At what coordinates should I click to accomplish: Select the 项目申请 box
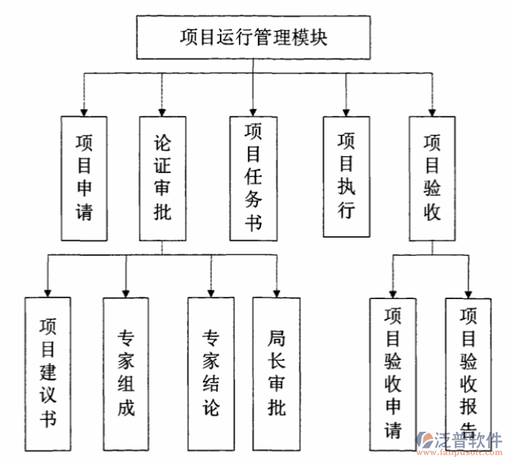click(x=84, y=178)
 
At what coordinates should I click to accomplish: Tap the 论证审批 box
click(x=162, y=178)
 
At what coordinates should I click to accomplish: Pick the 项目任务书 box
click(x=253, y=178)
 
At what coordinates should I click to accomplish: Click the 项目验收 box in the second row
click(x=432, y=178)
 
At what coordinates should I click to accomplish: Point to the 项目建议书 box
click(x=48, y=374)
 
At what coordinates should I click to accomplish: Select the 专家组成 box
click(x=126, y=374)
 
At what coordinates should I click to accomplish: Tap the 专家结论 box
click(x=211, y=374)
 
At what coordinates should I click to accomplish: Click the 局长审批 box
click(x=276, y=374)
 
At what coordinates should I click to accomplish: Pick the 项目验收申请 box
click(x=393, y=374)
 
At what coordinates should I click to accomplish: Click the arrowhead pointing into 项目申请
click(x=84, y=111)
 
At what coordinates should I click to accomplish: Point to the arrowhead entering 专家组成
click(x=126, y=292)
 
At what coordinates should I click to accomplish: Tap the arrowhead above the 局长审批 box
click(x=276, y=292)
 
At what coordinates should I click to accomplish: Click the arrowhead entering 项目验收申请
click(x=393, y=292)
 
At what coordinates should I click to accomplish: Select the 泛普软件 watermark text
click(x=469, y=441)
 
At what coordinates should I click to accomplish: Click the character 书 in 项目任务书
click(x=253, y=222)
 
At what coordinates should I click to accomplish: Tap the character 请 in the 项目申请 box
click(x=84, y=213)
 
